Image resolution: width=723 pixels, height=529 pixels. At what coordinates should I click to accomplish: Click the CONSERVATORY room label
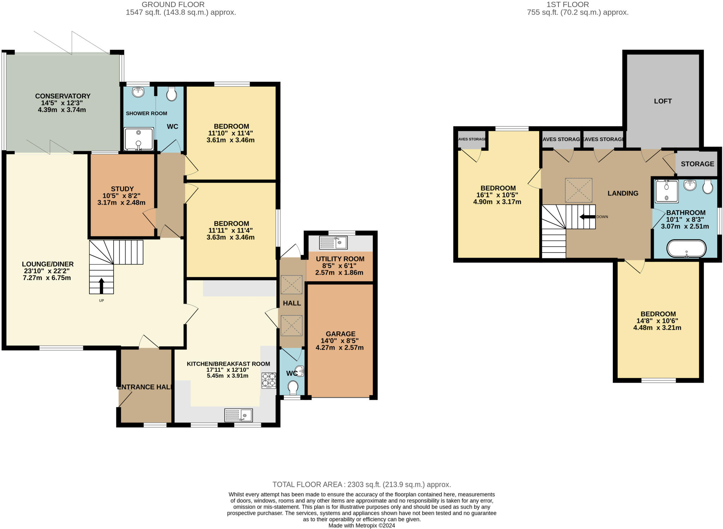point(63,96)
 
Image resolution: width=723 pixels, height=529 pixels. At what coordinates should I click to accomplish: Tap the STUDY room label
point(122,189)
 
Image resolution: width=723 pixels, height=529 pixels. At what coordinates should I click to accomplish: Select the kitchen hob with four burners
point(269,381)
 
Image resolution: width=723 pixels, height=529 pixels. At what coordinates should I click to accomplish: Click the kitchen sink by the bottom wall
point(239,415)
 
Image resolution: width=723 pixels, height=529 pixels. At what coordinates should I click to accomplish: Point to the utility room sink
point(333,242)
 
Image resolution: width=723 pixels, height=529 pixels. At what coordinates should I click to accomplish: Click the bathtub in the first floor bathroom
point(686,249)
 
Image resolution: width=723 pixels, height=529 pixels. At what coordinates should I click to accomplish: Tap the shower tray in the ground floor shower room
point(139,139)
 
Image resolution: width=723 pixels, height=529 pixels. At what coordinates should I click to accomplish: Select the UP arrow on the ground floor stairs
point(101,286)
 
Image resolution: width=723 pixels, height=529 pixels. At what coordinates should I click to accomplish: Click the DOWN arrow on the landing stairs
point(587,217)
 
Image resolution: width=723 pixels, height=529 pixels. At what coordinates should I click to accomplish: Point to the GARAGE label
point(340,334)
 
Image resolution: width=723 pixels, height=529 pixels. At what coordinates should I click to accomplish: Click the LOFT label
point(663,101)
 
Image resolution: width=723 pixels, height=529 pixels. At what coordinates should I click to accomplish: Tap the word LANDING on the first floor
point(623,193)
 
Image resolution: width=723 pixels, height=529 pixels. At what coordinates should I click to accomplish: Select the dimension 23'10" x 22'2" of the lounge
point(46,271)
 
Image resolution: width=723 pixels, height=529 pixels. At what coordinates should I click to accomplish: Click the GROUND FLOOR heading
point(173,5)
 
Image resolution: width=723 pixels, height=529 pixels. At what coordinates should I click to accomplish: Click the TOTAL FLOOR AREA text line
point(361,484)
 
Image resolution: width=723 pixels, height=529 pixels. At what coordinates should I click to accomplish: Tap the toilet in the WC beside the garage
point(293,387)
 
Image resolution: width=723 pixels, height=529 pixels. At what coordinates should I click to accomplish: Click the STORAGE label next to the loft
point(697,164)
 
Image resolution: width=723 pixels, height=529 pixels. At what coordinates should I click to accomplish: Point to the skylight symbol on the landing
point(578,190)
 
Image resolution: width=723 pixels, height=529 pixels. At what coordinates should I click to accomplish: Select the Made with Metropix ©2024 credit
point(361,525)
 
